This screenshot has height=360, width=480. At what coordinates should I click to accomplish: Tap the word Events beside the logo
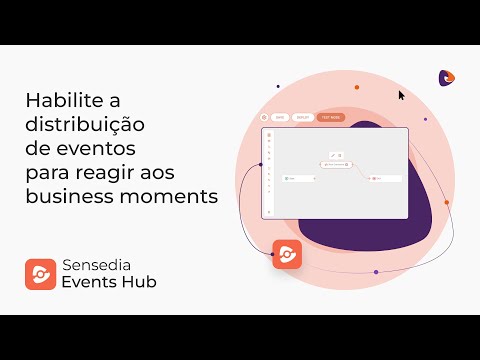point(93,282)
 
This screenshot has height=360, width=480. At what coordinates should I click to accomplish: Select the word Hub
point(142,282)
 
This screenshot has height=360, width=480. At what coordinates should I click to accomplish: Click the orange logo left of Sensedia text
point(41,273)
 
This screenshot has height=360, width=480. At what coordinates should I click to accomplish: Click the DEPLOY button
point(301,117)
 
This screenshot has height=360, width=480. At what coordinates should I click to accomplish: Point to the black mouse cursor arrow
point(402,95)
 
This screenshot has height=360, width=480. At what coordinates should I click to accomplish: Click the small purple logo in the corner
point(446,77)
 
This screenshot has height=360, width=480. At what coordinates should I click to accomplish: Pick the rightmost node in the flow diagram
point(386,178)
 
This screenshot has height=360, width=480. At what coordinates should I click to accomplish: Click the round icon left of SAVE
point(264,117)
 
